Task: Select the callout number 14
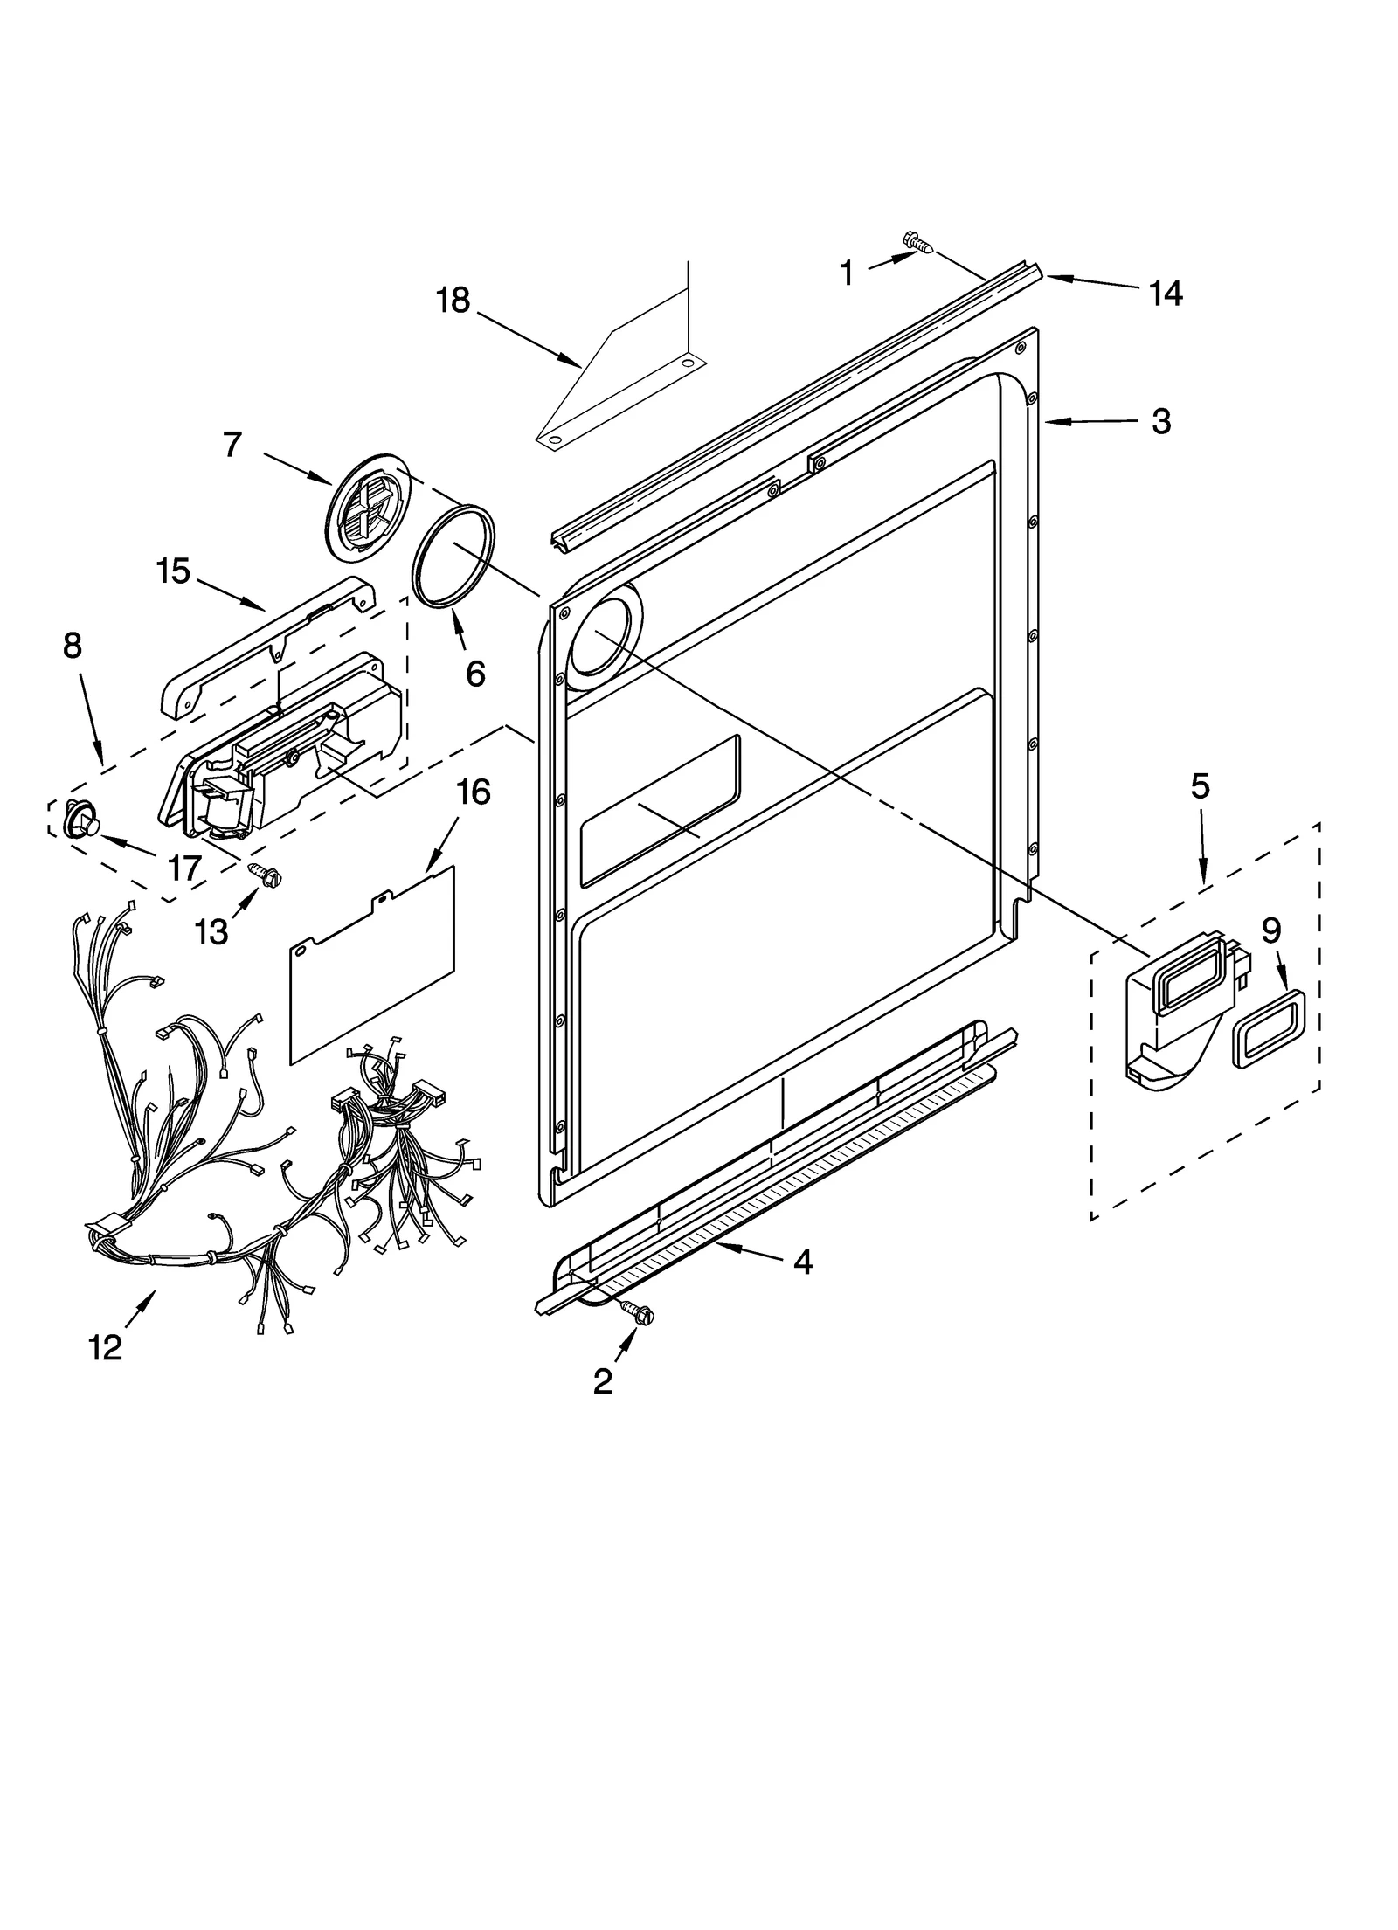[x=1165, y=294]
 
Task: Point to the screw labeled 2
[x=635, y=1332]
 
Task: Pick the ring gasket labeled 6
[x=454, y=556]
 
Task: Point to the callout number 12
[x=105, y=1347]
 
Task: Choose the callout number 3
[x=1160, y=422]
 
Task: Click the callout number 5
[x=1200, y=786]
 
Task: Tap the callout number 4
[x=802, y=1261]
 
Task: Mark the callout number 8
[x=72, y=646]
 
